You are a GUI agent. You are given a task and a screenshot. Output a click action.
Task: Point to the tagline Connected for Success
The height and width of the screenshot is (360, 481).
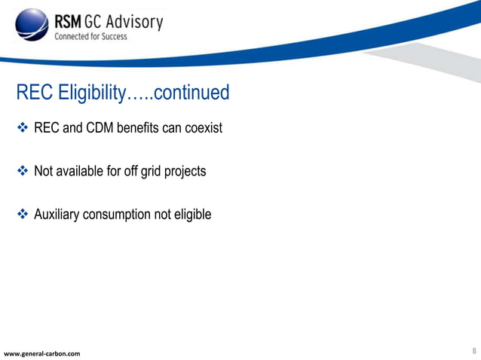point(90,36)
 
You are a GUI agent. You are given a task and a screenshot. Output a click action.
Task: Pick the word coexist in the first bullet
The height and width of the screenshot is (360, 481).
point(202,128)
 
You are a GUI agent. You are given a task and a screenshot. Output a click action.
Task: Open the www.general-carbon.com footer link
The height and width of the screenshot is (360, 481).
point(42,353)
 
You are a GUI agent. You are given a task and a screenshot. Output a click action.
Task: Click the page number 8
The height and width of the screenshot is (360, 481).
point(473,351)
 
